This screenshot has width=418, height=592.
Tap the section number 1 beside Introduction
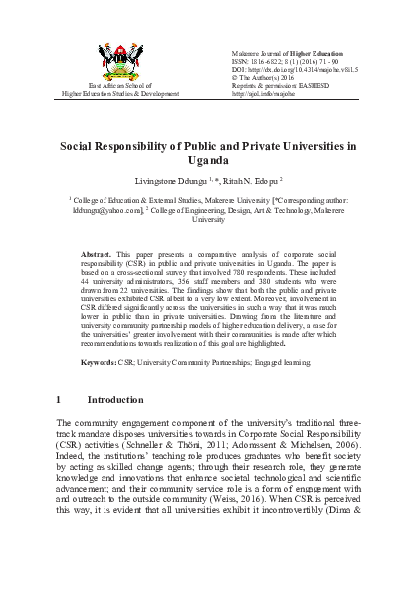(59, 426)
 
